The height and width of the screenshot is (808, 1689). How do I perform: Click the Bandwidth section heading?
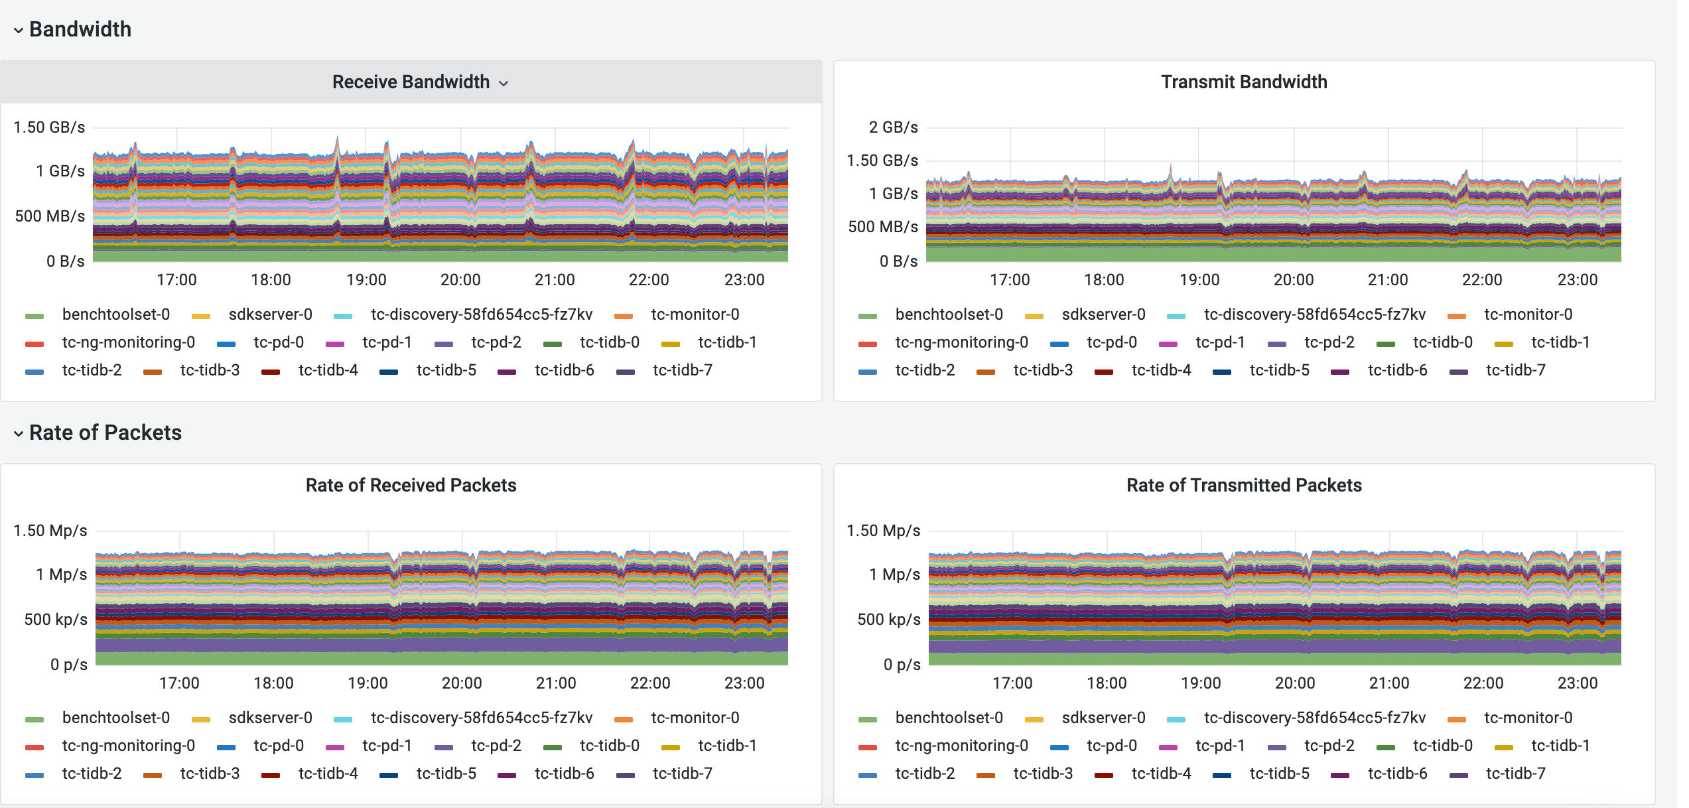80,29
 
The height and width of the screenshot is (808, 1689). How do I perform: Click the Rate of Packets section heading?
105,433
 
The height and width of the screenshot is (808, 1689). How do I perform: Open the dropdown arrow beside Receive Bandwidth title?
504,83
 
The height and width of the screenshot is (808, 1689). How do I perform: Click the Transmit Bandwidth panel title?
1243,82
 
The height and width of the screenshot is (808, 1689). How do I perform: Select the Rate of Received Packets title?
411,485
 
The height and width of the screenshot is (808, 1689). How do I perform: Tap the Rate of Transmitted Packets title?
1243,485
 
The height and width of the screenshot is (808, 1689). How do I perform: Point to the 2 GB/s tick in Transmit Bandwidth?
893,127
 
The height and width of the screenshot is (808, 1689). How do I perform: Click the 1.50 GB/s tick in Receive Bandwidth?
49,127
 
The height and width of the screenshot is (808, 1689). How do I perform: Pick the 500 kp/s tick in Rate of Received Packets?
56,620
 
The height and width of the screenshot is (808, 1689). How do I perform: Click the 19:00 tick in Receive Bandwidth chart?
366,280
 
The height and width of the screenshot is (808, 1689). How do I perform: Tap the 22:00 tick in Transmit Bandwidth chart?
1481,280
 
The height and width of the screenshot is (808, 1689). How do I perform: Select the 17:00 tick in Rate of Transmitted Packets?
1012,683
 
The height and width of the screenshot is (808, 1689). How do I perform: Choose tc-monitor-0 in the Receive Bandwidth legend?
695,314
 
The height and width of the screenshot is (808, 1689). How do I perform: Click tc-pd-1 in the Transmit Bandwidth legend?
1219,342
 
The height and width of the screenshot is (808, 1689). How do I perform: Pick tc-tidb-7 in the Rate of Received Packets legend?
682,774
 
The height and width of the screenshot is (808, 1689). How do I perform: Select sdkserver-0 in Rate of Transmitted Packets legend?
1103,718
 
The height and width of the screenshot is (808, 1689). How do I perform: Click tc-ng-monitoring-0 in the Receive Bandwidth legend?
128,342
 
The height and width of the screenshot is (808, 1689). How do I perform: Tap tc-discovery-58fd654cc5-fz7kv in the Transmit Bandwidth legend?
1314,314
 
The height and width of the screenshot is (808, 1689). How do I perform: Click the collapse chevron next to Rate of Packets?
19,433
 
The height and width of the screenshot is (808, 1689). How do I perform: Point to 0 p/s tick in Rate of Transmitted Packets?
902,665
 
